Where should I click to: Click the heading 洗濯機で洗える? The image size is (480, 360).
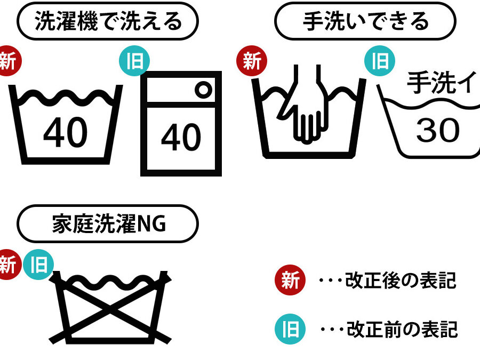(108, 21)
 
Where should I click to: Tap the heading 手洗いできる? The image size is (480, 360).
(365, 21)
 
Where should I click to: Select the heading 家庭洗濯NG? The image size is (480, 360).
(109, 224)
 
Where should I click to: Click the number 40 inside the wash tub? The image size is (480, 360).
(66, 133)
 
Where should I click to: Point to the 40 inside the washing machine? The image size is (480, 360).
(181, 137)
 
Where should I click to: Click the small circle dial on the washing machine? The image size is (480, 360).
(203, 90)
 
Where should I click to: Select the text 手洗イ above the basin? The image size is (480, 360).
(442, 82)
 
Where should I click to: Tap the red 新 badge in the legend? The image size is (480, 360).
(290, 280)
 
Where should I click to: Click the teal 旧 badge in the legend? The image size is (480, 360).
(290, 329)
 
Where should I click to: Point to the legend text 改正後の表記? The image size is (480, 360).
(401, 280)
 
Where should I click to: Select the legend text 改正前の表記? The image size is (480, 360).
(402, 330)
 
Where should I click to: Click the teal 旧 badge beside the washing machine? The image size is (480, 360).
(134, 61)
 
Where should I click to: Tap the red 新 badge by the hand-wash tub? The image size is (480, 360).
(252, 61)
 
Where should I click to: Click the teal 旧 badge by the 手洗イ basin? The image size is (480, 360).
(380, 61)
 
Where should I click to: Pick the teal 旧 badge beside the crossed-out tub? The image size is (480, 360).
(38, 265)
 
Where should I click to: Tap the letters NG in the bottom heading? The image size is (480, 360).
(151, 224)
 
